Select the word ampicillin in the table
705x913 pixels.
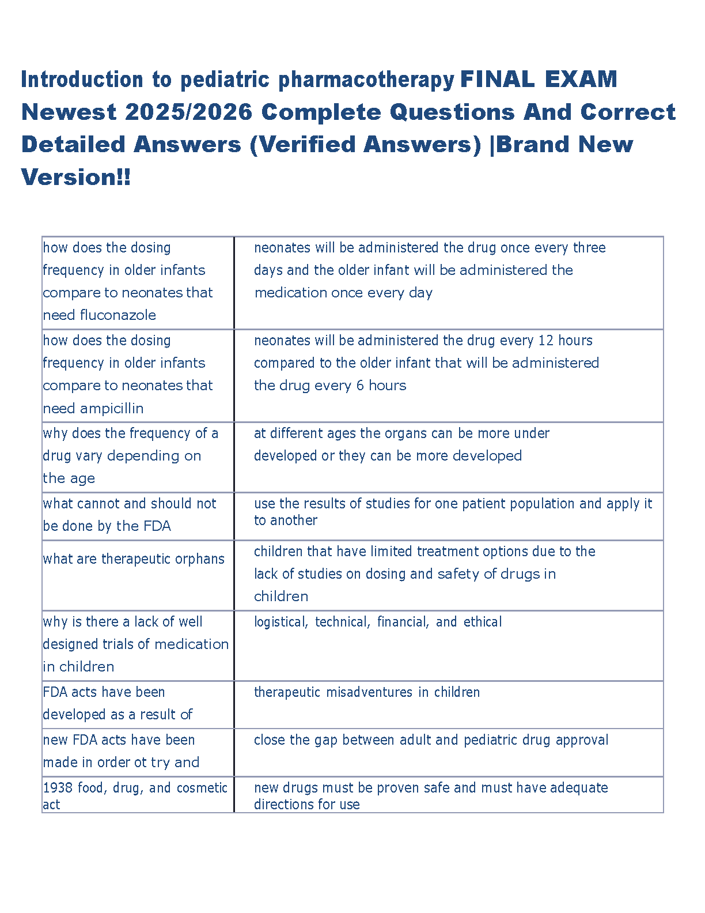pos(112,409)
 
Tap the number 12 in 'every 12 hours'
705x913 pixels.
pos(545,341)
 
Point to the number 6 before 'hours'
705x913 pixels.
pos(360,386)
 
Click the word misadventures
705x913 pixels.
pos(369,692)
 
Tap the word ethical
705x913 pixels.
pos(483,622)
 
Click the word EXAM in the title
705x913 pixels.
pos(580,80)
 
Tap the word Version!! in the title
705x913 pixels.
pos(76,177)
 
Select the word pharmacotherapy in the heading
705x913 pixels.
pos(366,80)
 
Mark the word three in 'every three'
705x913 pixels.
pos(589,248)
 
